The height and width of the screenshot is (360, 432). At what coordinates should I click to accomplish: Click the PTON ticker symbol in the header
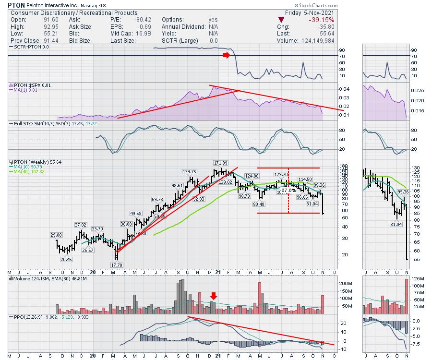tap(17, 4)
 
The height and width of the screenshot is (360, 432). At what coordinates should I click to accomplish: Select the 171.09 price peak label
tap(221, 163)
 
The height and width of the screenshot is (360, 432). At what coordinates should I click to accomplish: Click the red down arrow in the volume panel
tap(214, 296)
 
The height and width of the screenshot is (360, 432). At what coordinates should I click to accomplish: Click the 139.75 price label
tap(190, 171)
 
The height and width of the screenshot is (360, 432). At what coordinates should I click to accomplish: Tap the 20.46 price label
tap(67, 259)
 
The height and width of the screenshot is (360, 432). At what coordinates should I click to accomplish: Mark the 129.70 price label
tap(282, 174)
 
